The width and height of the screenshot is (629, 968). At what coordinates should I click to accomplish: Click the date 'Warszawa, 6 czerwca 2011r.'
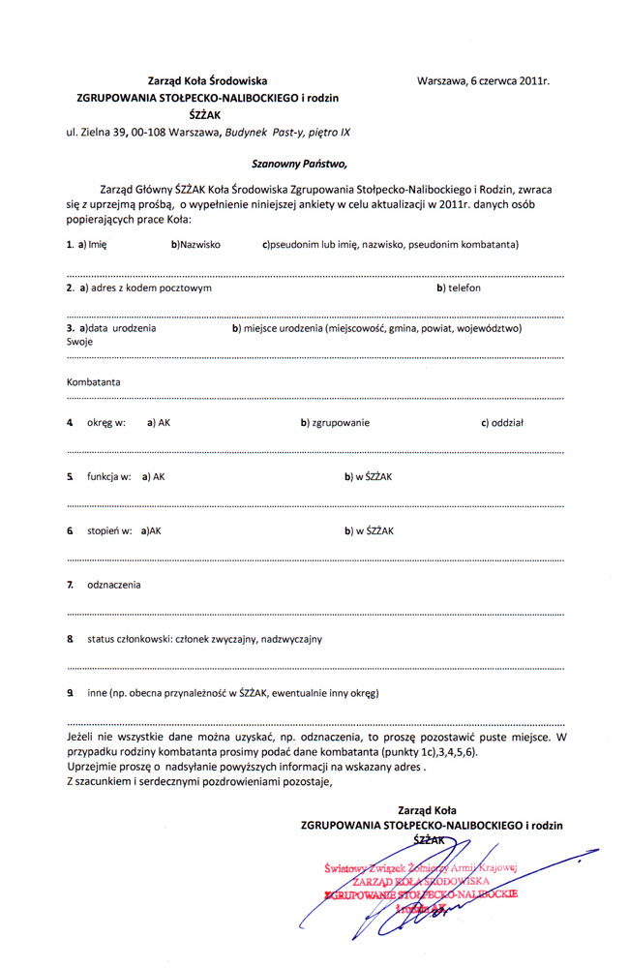click(x=483, y=82)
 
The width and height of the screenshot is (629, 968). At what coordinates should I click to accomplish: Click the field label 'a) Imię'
click(x=92, y=245)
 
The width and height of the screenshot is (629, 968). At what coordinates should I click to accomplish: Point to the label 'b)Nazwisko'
click(x=195, y=245)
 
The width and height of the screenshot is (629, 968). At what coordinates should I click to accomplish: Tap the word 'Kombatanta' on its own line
click(x=94, y=382)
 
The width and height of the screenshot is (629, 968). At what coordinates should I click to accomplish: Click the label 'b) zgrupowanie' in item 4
click(x=335, y=423)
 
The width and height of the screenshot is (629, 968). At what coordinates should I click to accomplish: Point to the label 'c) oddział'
click(x=502, y=423)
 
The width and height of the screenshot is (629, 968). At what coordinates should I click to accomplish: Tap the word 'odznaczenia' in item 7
click(x=114, y=585)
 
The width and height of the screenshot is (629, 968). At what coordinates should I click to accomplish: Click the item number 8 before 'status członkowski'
click(x=71, y=639)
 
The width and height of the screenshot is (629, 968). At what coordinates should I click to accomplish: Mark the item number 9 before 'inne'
click(x=71, y=693)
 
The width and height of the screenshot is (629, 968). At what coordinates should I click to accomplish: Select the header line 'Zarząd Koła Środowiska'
click(x=207, y=82)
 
